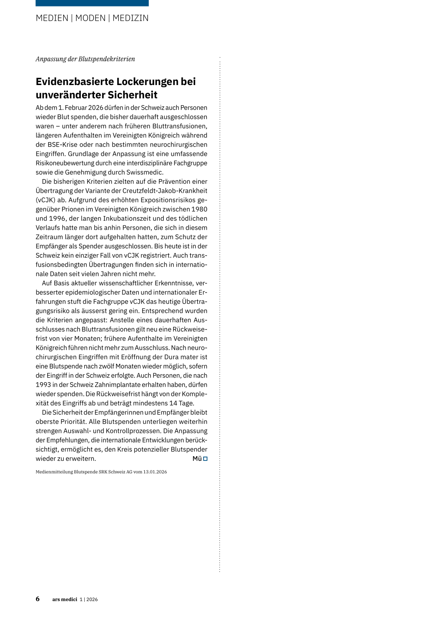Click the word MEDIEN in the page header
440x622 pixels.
point(52,18)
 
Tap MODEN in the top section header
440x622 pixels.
point(90,18)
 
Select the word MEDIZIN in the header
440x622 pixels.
point(131,18)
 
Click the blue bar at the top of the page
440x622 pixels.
point(92,3)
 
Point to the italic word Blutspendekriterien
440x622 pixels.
point(107,59)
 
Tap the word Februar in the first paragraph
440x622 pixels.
point(76,108)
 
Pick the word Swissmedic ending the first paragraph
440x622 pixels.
point(144,172)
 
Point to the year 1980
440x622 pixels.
point(199,209)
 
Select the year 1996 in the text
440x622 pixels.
point(57,219)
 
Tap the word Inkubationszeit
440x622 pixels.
point(131,219)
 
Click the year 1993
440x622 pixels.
point(43,385)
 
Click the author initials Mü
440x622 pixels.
point(197,459)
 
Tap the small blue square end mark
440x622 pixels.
point(205,459)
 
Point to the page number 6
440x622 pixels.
point(38,599)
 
